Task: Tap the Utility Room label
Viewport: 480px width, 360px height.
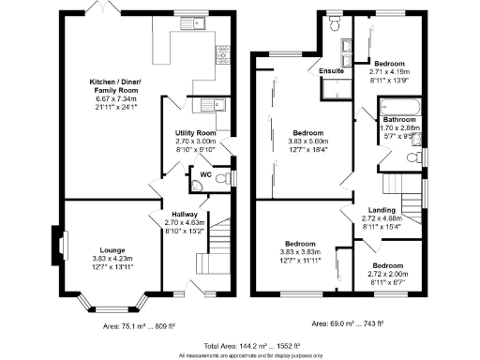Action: coord(196,134)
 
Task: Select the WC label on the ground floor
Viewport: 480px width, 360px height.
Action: coord(203,173)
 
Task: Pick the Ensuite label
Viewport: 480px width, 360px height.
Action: coord(330,71)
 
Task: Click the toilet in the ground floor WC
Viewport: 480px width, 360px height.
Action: coord(221,177)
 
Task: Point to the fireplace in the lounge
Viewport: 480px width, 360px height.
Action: coord(62,247)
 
